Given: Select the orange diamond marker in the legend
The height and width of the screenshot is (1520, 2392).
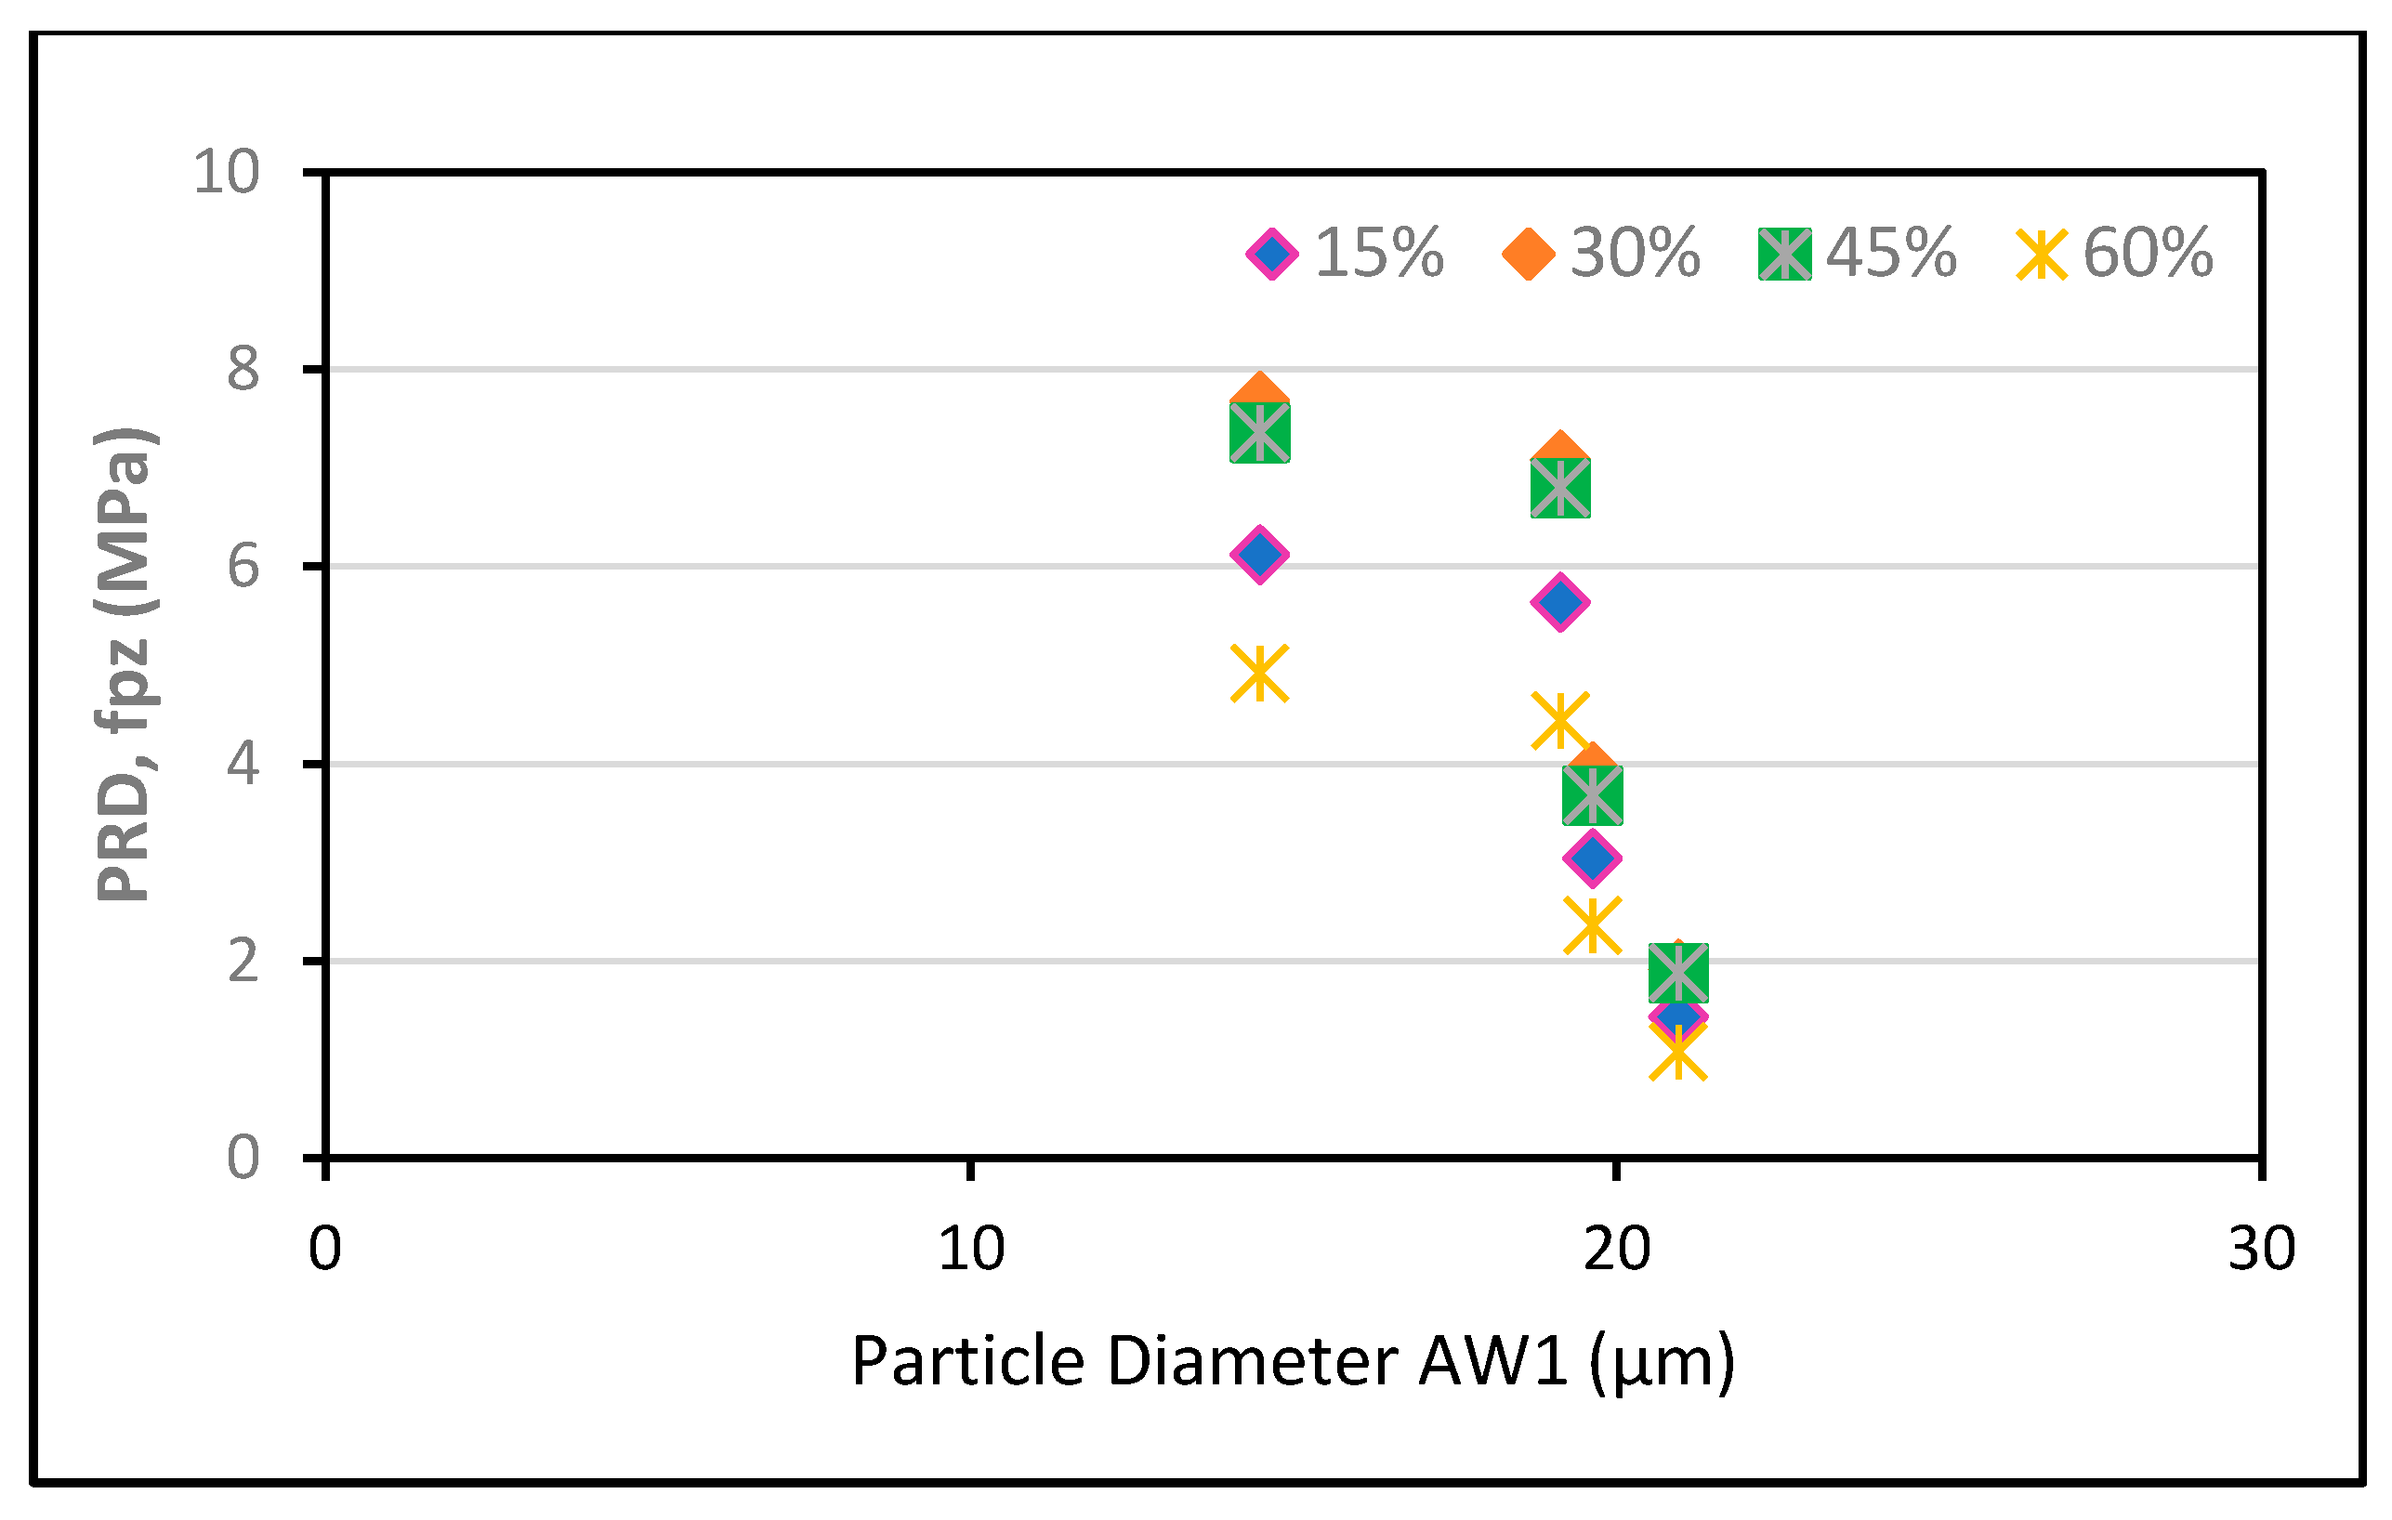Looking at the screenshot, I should pyautogui.click(x=1528, y=254).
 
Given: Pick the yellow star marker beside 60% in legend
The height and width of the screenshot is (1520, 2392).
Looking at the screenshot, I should pyautogui.click(x=2041, y=255).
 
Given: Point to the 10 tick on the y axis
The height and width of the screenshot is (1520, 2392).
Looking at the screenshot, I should pyautogui.click(x=227, y=173).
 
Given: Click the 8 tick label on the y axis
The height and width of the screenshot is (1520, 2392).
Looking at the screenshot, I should pyautogui.click(x=243, y=370).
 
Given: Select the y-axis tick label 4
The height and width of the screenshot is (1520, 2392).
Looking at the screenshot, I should pyautogui.click(x=243, y=764).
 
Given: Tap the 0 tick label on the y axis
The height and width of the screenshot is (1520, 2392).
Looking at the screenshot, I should pyautogui.click(x=243, y=1159).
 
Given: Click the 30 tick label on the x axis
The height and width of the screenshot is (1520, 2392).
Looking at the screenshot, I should pyautogui.click(x=2262, y=1249).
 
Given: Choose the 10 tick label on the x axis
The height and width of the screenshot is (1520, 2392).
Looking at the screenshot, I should pyautogui.click(x=970, y=1249).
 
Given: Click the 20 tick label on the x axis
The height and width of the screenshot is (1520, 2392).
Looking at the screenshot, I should pyautogui.click(x=1616, y=1249).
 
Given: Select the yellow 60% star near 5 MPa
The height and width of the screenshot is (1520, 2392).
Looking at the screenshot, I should pyautogui.click(x=1259, y=673).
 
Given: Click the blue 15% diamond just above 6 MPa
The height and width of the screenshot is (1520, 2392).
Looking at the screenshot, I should pyautogui.click(x=1259, y=555).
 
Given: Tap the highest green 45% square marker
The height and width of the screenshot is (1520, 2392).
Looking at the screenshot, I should pyautogui.click(x=1259, y=433).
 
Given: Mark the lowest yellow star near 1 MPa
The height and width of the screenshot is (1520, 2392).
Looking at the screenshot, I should pyautogui.click(x=1677, y=1052).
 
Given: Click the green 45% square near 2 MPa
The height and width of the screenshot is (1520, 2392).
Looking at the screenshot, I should pyautogui.click(x=1677, y=972).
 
